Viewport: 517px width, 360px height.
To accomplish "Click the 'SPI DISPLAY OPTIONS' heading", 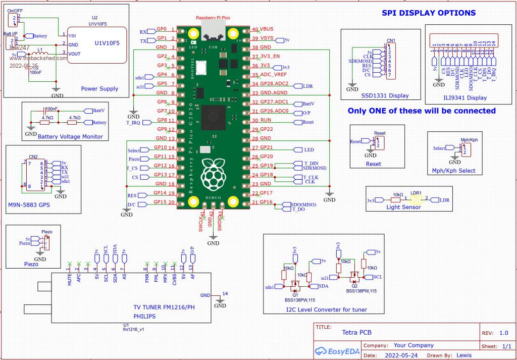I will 428,13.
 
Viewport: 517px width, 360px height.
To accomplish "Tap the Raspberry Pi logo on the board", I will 211,175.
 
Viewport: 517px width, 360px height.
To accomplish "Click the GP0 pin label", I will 162,29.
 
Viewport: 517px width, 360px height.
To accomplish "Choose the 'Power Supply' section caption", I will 99,89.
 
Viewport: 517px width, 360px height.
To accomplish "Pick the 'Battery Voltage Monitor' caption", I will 70,137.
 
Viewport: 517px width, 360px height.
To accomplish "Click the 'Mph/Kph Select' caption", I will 454,171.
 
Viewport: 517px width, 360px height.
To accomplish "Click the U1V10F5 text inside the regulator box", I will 107,43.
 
